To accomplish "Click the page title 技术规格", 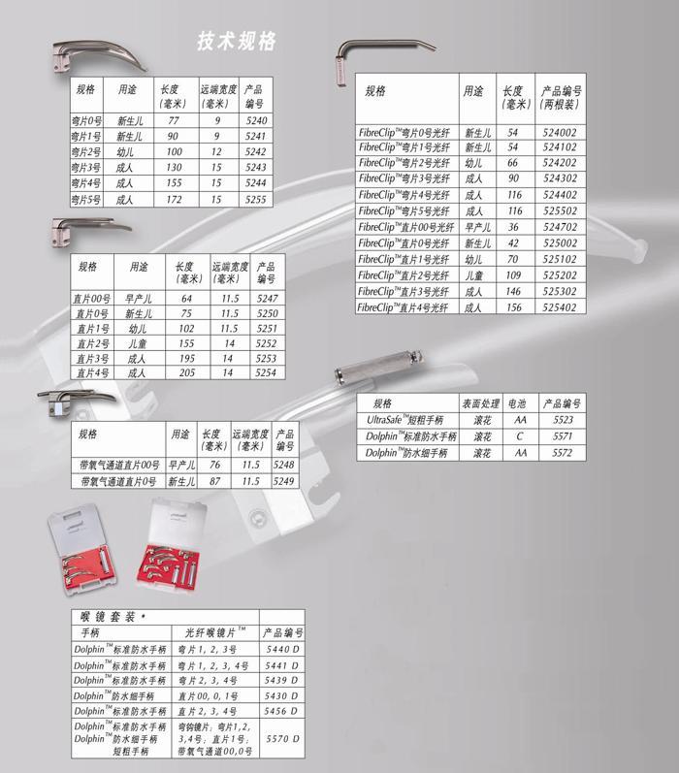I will point(237,40).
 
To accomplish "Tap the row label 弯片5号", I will point(87,199).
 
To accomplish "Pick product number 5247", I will point(266,298).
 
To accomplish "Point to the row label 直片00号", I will point(92,298).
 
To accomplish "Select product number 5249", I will point(283,480).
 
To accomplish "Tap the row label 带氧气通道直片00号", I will point(119,465).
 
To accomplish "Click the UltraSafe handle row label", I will point(404,420).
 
